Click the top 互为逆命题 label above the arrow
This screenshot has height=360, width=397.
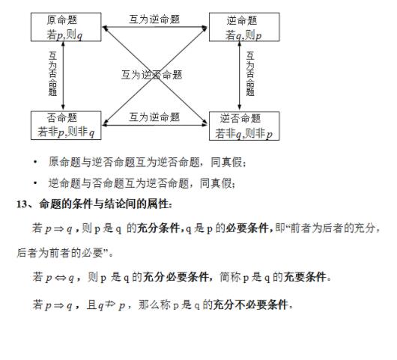154,19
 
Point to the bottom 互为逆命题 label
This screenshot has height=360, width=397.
154,118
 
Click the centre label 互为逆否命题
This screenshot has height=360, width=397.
152,75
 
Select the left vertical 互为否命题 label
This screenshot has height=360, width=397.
52,73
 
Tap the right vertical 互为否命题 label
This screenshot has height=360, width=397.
250,73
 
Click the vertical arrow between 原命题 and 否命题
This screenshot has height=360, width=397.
64,76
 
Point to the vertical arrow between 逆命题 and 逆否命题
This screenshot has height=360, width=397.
239,76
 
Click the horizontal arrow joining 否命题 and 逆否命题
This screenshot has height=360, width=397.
155,124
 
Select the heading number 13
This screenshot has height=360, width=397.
22,204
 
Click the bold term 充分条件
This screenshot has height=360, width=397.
158,228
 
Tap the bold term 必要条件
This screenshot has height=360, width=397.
247,228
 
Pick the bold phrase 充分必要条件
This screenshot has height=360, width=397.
176,277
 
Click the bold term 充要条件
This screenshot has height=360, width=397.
305,277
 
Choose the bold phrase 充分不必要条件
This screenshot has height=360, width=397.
251,305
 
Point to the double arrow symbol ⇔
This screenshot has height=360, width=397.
60,278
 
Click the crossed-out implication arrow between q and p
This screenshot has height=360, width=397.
110,305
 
